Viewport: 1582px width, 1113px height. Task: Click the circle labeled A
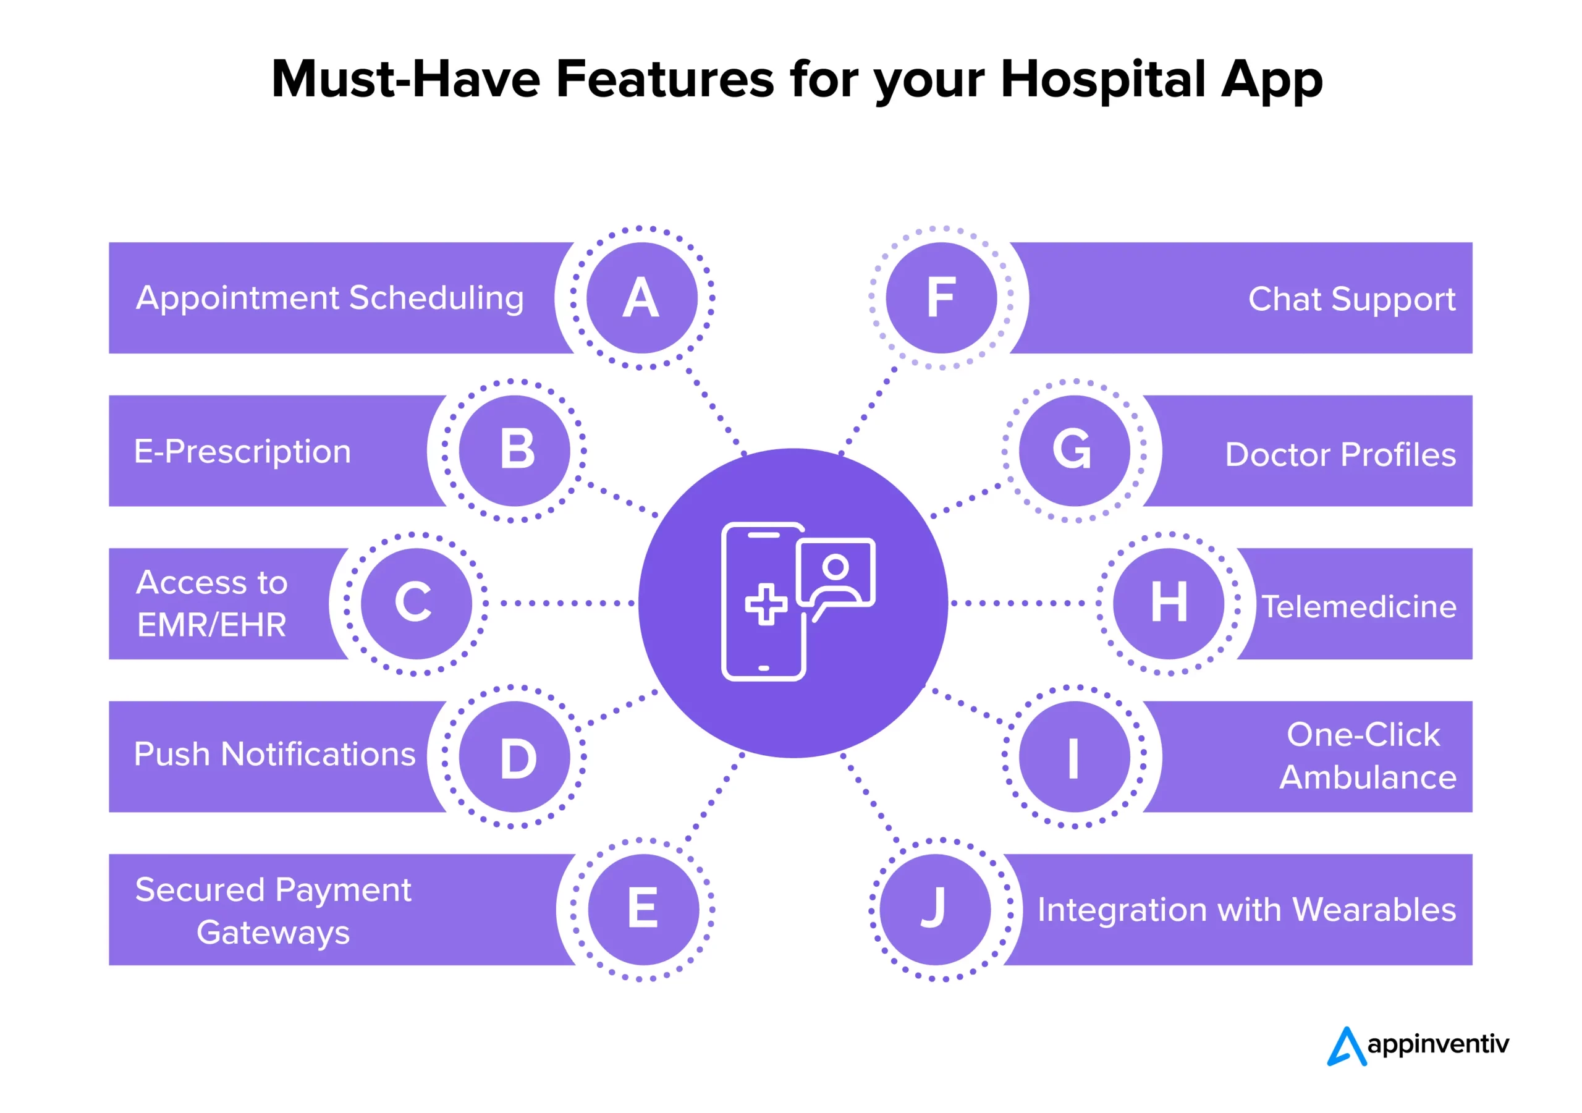641,298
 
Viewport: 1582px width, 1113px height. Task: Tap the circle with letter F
941,298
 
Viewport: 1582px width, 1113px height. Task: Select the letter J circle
935,909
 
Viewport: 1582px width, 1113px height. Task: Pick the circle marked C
416,604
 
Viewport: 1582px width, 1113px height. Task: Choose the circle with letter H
1169,604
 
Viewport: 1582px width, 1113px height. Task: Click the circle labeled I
1074,756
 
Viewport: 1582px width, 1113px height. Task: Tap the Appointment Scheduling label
330,299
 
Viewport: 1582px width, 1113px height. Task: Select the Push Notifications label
275,754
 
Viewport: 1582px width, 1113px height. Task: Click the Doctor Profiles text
1341,455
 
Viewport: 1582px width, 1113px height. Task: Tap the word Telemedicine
1359,607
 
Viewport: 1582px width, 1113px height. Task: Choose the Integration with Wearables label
1247,910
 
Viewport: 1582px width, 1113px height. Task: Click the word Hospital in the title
1103,80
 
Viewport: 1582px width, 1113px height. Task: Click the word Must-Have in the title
406,78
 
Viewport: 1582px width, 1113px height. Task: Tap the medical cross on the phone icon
766,604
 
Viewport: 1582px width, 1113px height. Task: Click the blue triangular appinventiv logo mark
1347,1046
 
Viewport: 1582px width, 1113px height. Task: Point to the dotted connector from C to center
559,604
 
